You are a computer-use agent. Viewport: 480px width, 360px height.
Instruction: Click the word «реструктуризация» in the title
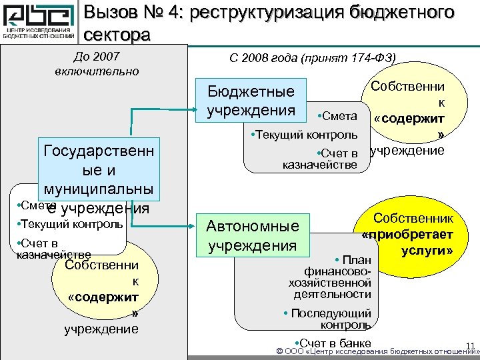(281, 12)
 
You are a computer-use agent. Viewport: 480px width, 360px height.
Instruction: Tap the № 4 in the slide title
(169, 12)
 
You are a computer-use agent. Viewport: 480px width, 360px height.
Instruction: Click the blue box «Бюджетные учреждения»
(251, 100)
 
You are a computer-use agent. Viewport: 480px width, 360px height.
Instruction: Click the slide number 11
(469, 345)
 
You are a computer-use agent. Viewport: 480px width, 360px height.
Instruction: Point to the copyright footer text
(373, 351)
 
